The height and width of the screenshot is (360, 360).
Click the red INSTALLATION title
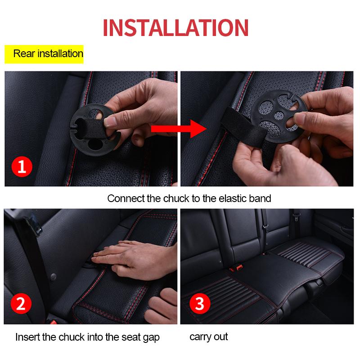pyautogui.click(x=175, y=27)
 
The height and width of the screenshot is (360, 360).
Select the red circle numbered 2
pyautogui.click(x=21, y=304)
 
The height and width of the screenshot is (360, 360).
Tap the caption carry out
pyautogui.click(x=208, y=337)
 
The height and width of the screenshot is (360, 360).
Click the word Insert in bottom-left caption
pyautogui.click(x=28, y=337)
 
